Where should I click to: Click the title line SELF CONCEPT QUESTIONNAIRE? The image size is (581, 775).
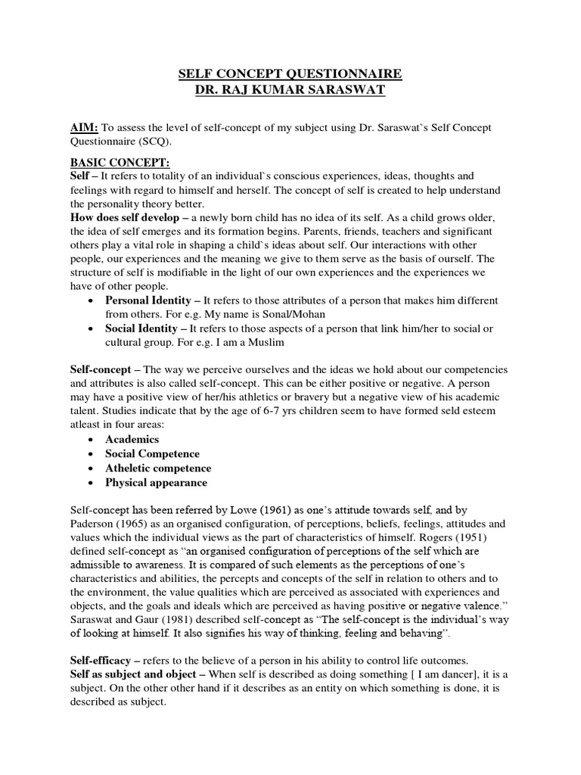coord(290,74)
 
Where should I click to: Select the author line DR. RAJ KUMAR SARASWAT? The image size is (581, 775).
coord(290,89)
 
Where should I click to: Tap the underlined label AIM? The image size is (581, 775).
coord(84,128)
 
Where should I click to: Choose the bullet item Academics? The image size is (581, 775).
coord(132,440)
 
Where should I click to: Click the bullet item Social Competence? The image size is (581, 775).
coord(153,454)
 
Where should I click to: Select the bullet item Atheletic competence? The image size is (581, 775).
coord(158,468)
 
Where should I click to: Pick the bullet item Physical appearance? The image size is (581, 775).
coord(156,483)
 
